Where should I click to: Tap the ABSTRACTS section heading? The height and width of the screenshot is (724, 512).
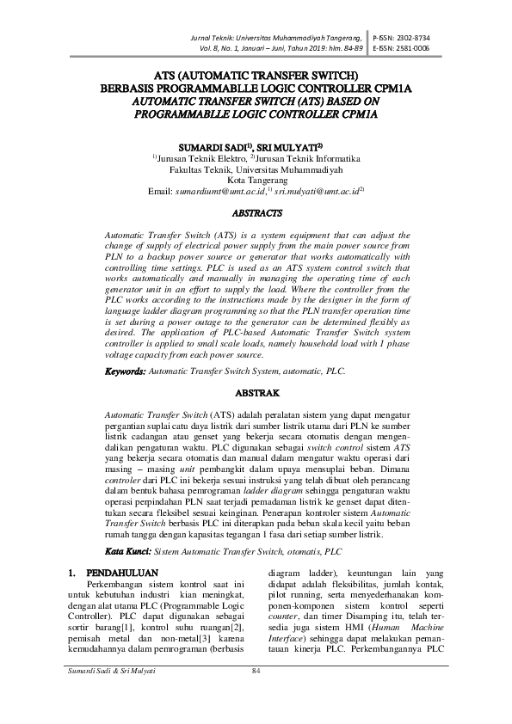pyautogui.click(x=256, y=212)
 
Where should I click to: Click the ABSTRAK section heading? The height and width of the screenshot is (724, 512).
pyautogui.click(x=256, y=392)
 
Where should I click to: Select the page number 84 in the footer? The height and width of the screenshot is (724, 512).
pyautogui.click(x=256, y=695)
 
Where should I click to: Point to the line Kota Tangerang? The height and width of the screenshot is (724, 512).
pyautogui.click(x=256, y=181)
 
